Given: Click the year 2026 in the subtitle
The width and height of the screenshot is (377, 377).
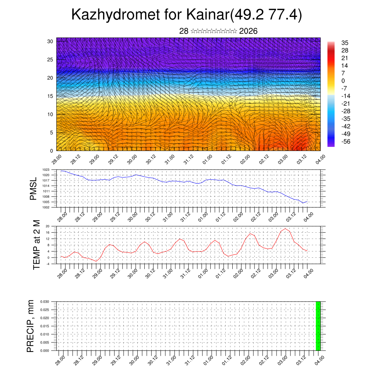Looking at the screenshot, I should pos(248,31).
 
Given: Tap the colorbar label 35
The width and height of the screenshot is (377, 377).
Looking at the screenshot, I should pos(345,43).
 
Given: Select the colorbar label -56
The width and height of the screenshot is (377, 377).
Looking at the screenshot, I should pos(345,141).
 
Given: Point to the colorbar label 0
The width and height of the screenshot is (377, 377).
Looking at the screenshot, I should pos(343,81).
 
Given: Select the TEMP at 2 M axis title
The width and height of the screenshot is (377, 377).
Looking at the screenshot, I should pos(36,244).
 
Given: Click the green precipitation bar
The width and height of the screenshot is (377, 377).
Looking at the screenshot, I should pos(318,326).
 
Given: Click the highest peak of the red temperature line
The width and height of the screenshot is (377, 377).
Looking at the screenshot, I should pos(285,229).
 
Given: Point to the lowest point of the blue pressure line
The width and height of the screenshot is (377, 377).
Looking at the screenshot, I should pos(303,203).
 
